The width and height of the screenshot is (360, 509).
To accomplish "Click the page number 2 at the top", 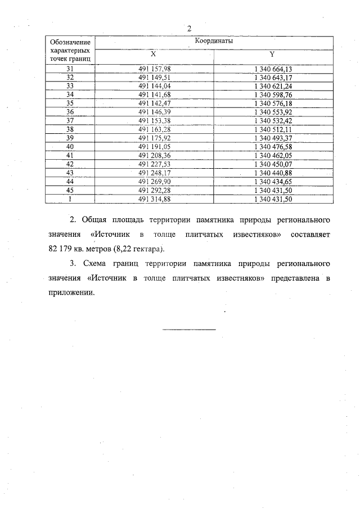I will coord(190,29).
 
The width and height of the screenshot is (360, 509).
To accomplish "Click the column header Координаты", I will coord(214,41).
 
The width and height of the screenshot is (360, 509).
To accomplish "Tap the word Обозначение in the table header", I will coord(70,42).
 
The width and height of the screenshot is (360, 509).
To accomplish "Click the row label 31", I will coord(70,69).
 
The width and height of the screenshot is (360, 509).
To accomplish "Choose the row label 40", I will coord(70,146).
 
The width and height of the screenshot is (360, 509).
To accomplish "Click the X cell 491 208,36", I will coord(154,155).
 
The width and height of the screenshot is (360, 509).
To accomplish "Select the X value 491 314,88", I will coord(154,199).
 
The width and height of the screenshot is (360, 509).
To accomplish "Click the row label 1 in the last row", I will coord(70,199).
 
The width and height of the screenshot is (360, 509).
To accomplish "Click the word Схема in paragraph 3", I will coord(97,264).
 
